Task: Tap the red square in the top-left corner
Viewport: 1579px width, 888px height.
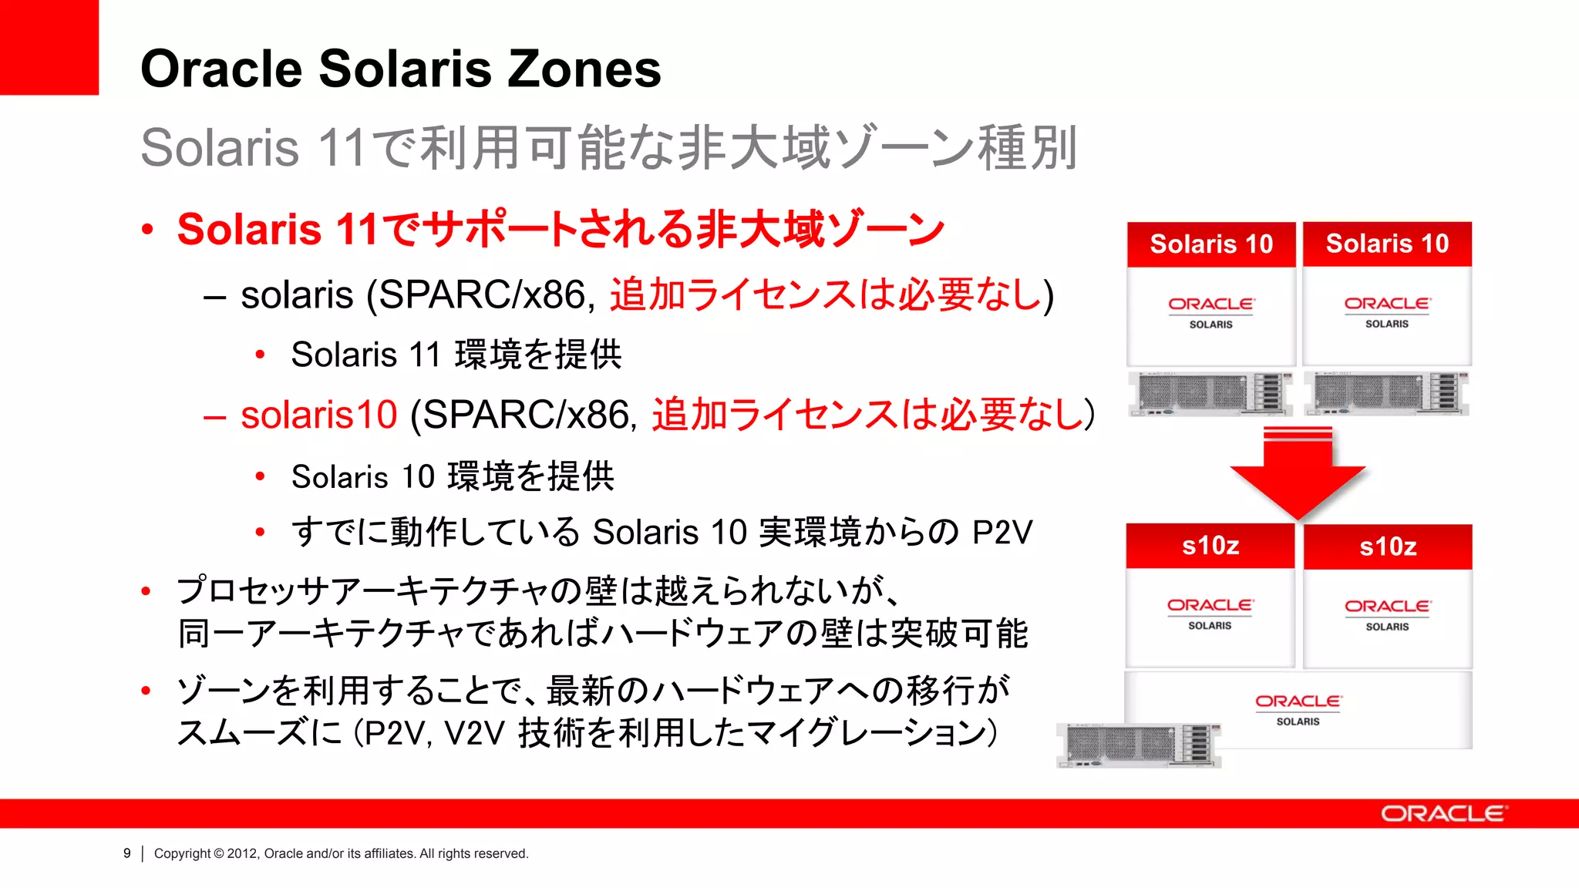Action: click(49, 47)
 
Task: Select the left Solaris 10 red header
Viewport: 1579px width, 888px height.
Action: click(1210, 244)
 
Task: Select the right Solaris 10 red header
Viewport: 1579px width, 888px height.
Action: click(1387, 244)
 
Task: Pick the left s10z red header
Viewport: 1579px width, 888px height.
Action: click(1210, 546)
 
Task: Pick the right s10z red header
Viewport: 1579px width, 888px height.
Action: click(1388, 547)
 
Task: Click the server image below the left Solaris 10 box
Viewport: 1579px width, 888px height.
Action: click(1210, 393)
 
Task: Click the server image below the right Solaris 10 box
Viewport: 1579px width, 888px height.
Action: click(1386, 393)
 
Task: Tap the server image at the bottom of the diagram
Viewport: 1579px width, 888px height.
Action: click(1138, 745)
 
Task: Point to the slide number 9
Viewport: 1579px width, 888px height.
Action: click(127, 853)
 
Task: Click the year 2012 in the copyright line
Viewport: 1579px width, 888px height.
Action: click(242, 853)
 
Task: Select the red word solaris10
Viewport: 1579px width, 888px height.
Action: click(318, 415)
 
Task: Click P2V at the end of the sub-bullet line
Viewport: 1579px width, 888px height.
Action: click(1002, 532)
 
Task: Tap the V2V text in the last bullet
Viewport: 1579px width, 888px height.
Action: click(474, 733)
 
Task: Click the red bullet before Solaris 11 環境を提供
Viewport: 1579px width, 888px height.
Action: click(261, 355)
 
